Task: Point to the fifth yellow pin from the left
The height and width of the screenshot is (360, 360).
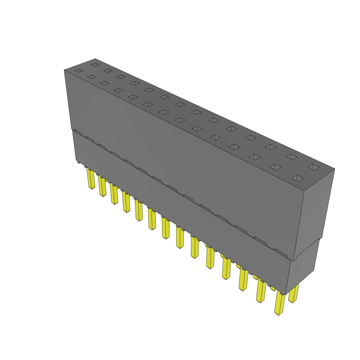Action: [x=139, y=211]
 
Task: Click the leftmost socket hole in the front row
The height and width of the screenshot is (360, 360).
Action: [x=79, y=71]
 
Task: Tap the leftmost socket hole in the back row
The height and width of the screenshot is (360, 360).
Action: [x=95, y=65]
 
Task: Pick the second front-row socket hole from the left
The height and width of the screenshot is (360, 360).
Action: [x=92, y=77]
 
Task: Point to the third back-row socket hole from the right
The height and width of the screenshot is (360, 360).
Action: [x=270, y=147]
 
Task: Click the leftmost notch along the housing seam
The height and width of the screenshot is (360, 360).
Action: [x=78, y=133]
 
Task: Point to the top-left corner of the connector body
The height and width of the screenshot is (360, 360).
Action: [x=65, y=70]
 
